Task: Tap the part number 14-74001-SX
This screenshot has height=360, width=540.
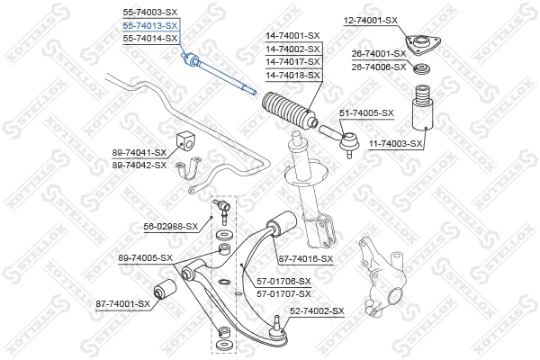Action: tap(292, 37)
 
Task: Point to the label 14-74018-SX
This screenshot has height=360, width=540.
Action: tap(292, 75)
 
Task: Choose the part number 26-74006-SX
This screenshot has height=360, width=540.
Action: tap(379, 67)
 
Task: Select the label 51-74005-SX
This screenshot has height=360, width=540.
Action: tap(366, 112)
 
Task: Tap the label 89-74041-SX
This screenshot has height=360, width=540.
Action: tap(139, 153)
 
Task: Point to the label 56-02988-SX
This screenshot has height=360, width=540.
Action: tap(169, 227)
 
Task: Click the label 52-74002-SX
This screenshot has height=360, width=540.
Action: tap(317, 310)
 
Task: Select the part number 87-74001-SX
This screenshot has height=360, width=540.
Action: tap(122, 304)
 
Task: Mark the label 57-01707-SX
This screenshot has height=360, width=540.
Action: tap(283, 293)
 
